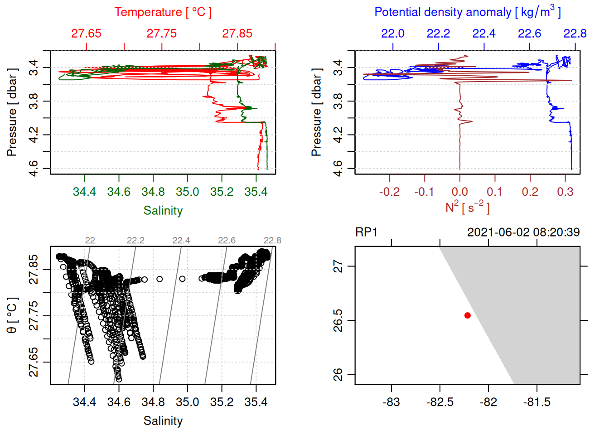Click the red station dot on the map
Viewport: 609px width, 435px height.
click(x=467, y=315)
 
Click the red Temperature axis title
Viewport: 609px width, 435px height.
click(x=163, y=12)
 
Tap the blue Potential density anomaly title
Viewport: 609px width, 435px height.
click(x=467, y=12)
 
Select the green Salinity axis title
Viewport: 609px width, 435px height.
click(x=163, y=211)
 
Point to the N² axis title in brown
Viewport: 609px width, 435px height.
click(x=467, y=208)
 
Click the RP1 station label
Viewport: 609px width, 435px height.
click(x=366, y=232)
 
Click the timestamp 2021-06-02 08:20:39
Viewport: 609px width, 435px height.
click(x=523, y=232)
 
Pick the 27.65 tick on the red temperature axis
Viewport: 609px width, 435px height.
click(x=86, y=34)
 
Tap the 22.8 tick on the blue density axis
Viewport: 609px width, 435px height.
click(x=575, y=34)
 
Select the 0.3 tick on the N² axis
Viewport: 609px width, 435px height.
click(x=565, y=192)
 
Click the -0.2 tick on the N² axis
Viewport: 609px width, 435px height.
click(x=389, y=192)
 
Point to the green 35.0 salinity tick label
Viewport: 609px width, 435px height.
click(x=187, y=192)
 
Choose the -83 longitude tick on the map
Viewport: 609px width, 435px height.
click(x=391, y=402)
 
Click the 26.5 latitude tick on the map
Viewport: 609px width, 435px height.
click(x=338, y=320)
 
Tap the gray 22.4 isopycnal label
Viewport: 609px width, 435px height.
click(x=181, y=241)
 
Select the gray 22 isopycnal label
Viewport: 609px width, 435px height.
click(x=90, y=241)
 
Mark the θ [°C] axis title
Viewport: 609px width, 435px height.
click(x=12, y=315)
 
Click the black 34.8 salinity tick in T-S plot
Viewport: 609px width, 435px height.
click(x=153, y=402)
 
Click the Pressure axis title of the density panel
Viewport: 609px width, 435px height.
click(x=316, y=112)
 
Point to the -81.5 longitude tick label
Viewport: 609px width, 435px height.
click(x=536, y=402)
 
